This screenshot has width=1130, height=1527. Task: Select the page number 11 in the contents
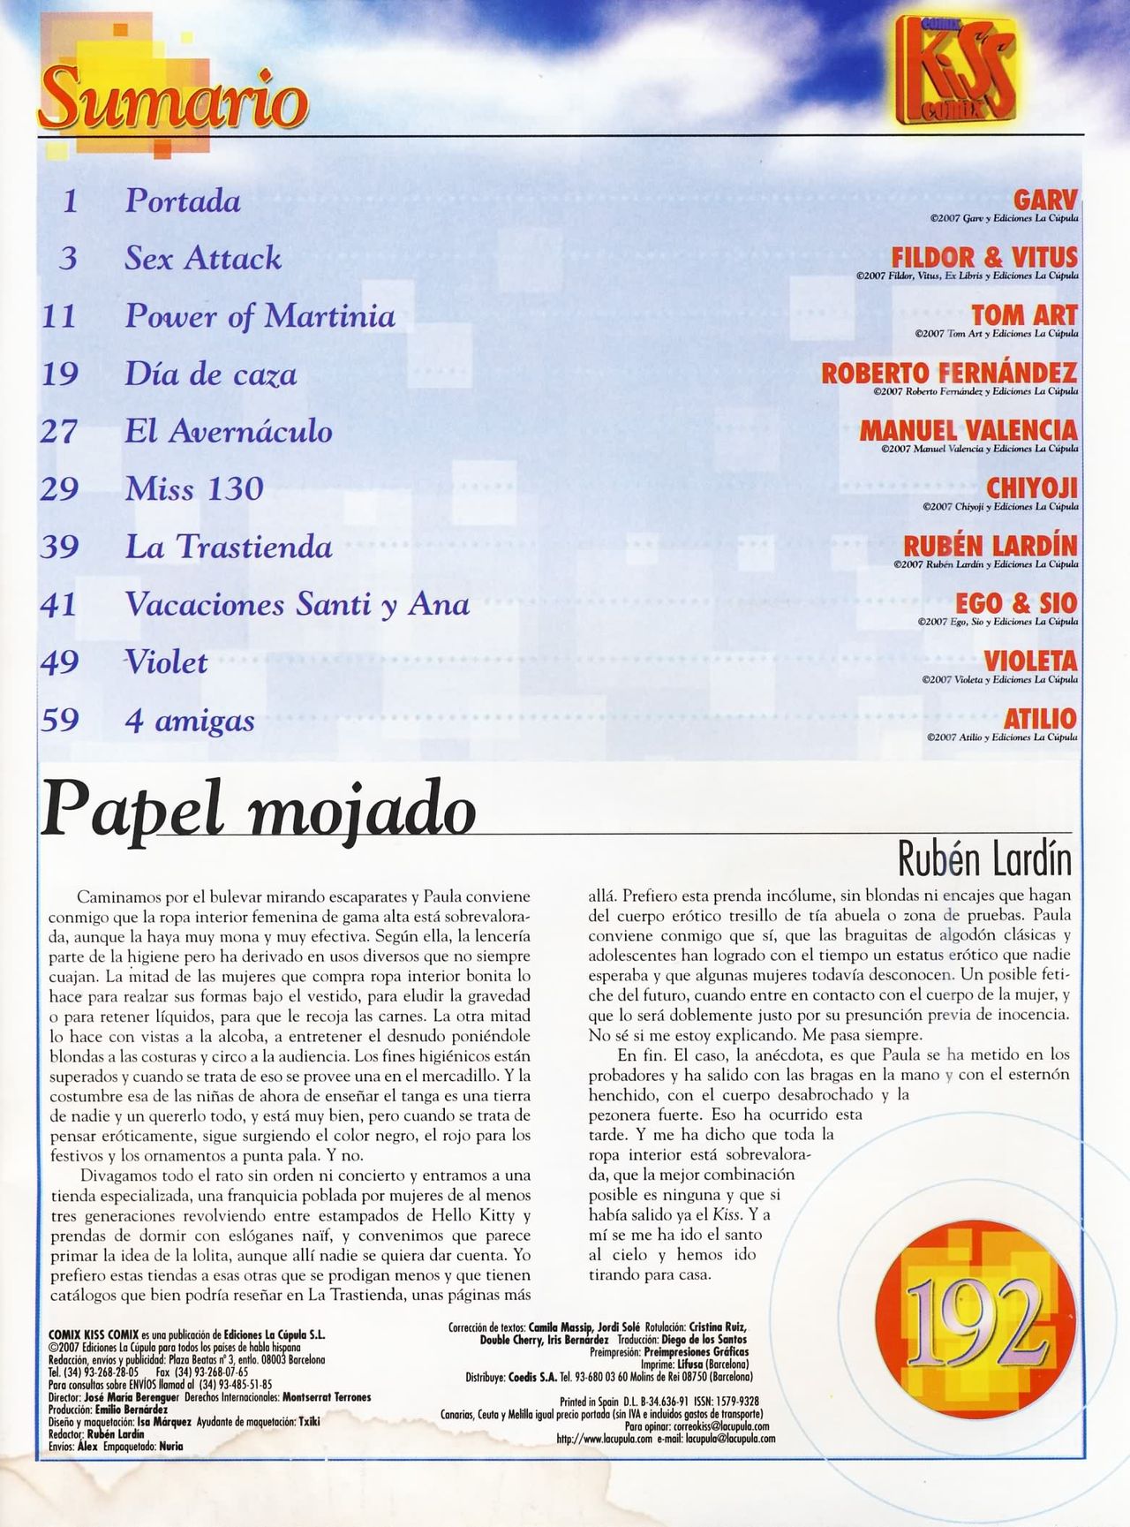59,316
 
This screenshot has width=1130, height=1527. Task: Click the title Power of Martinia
260,316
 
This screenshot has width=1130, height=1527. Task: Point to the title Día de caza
210,374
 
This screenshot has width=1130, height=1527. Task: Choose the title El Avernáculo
229,432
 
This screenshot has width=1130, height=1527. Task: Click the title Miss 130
194,489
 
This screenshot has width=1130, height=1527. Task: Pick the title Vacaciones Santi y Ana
297,605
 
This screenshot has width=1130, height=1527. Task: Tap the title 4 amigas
190,721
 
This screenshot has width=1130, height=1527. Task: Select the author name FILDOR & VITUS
984,258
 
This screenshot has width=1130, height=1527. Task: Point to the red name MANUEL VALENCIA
968,430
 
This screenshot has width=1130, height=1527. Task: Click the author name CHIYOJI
1032,488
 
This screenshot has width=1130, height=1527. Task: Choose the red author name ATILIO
1040,719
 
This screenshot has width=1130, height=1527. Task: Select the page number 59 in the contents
59,721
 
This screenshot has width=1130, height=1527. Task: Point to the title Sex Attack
203,259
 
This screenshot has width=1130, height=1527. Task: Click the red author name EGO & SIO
1016,604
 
